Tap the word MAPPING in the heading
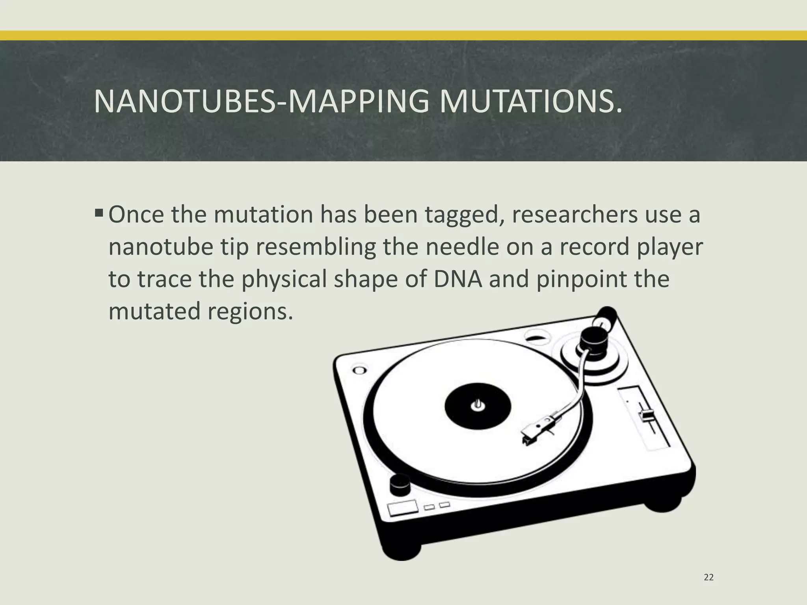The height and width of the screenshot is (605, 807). click(x=359, y=102)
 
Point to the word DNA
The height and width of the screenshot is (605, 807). click(x=458, y=279)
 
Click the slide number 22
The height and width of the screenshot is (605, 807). click(x=708, y=577)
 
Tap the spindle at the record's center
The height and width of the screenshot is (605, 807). click(x=478, y=405)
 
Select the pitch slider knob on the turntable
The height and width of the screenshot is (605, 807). click(x=646, y=415)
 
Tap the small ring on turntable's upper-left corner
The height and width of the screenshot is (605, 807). click(x=359, y=370)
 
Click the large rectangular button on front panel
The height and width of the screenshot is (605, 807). click(x=403, y=508)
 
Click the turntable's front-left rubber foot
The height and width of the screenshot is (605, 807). click(x=402, y=549)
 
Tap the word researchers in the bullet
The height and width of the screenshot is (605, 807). click(x=574, y=215)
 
